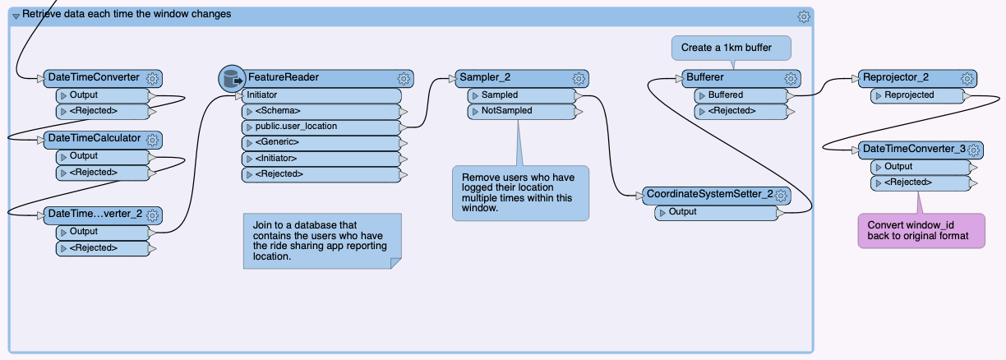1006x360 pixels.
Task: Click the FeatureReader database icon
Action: (232, 79)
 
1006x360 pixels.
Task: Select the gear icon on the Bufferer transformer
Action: (791, 79)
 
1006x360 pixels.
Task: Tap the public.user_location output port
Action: (321, 127)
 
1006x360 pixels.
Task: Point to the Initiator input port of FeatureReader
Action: (321, 95)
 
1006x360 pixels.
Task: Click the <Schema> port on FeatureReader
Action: (321, 111)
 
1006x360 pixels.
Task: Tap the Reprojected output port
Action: (917, 95)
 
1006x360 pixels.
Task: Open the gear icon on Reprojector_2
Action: (967, 79)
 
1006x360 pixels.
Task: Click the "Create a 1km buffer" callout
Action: (731, 48)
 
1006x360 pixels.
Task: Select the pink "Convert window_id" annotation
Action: (921, 231)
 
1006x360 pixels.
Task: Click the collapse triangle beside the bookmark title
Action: (16, 16)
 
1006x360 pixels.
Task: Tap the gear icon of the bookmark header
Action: (804, 16)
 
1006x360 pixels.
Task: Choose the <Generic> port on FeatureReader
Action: (321, 143)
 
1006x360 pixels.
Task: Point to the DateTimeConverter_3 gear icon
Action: (973, 150)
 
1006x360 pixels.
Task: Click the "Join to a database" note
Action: (322, 241)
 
